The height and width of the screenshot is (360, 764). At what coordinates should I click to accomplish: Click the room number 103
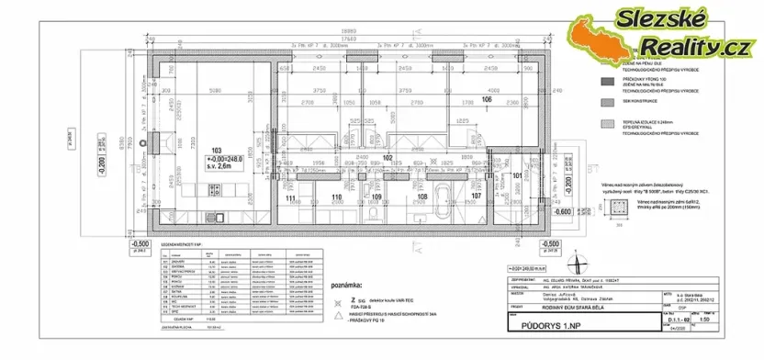217,150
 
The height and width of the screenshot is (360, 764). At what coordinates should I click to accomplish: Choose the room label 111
290,197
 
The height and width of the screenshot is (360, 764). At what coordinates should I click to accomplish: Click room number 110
336,197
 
